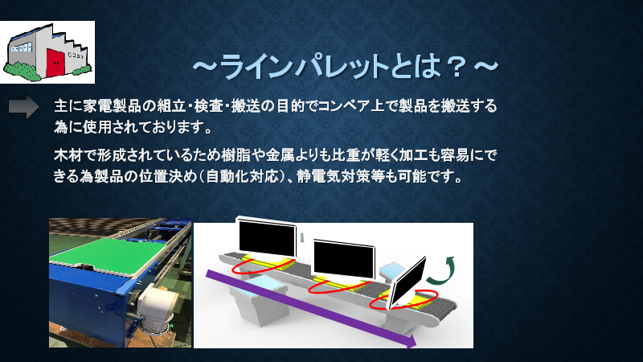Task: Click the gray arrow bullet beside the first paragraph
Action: pyautogui.click(x=23, y=108)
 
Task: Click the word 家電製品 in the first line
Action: pyautogui.click(x=113, y=107)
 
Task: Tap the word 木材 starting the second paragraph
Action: pyautogui.click(x=67, y=153)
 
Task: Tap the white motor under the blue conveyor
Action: pyautogui.click(x=157, y=306)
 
